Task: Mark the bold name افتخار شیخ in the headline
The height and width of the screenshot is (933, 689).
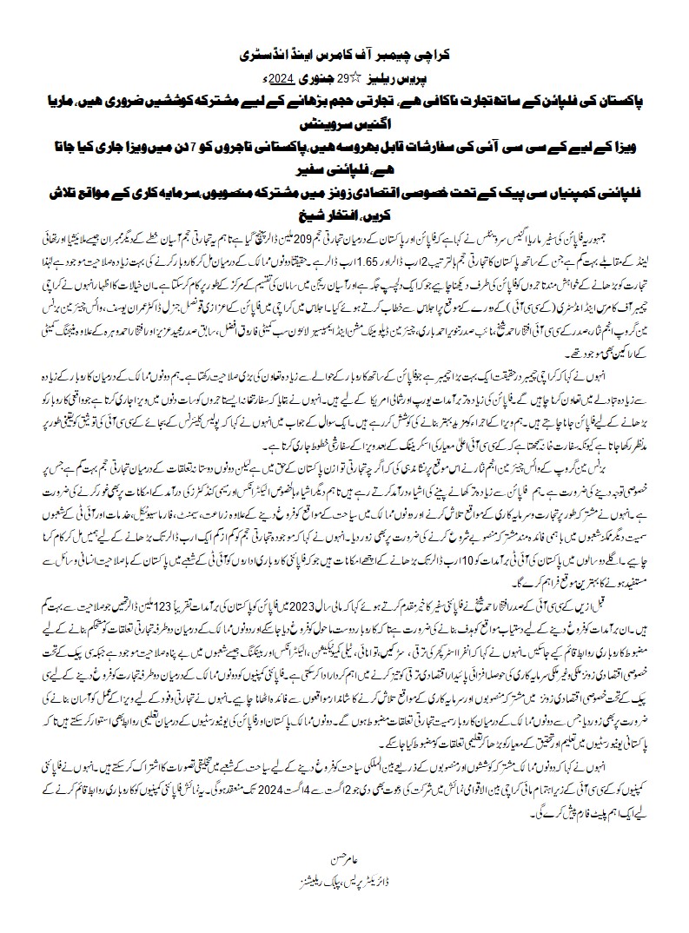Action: point(315,217)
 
